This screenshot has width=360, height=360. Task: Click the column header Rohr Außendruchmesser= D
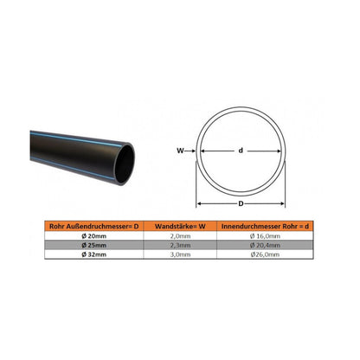[94, 227]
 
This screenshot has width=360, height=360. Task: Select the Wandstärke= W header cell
[180, 227]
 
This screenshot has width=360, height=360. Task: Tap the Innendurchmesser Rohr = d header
[265, 227]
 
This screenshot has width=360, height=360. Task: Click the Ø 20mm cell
[94, 236]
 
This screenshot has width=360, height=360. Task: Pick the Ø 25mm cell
[94, 245]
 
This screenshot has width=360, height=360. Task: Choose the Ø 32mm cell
[94, 254]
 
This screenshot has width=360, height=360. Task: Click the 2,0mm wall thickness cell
[180, 236]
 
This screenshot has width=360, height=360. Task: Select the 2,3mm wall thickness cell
[180, 245]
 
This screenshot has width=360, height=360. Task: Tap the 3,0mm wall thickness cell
[180, 254]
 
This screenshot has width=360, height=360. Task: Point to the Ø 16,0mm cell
[265, 236]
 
